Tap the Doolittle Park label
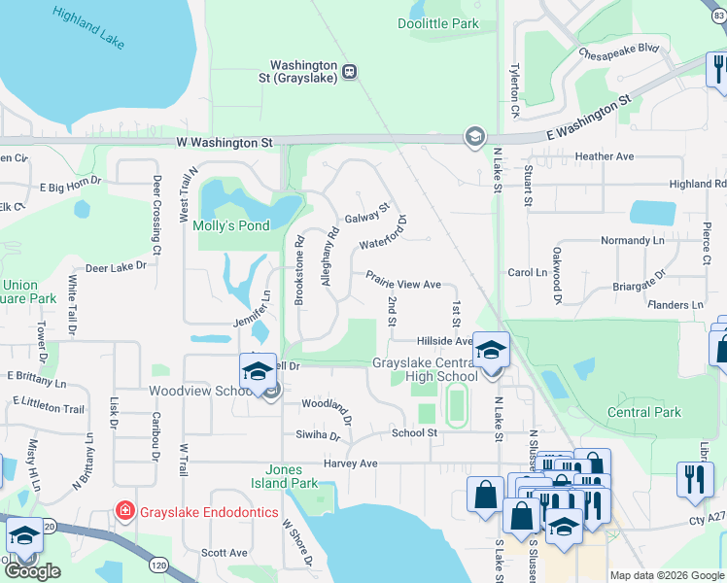[x=438, y=22]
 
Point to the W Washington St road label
[x=224, y=142]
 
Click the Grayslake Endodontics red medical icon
[x=123, y=511]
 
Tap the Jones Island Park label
[x=292, y=476]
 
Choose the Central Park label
[x=643, y=412]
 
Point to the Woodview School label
[x=200, y=391]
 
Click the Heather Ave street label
[x=604, y=156]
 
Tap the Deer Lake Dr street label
[x=115, y=265]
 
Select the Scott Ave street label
[x=225, y=552]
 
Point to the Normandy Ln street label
[x=632, y=239]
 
